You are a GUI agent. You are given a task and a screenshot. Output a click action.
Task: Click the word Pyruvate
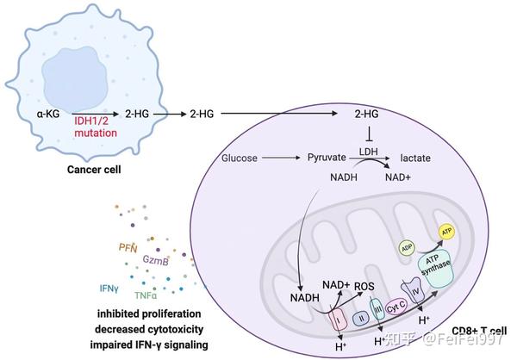tap(327, 158)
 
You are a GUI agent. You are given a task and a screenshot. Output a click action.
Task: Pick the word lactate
tap(414, 158)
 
